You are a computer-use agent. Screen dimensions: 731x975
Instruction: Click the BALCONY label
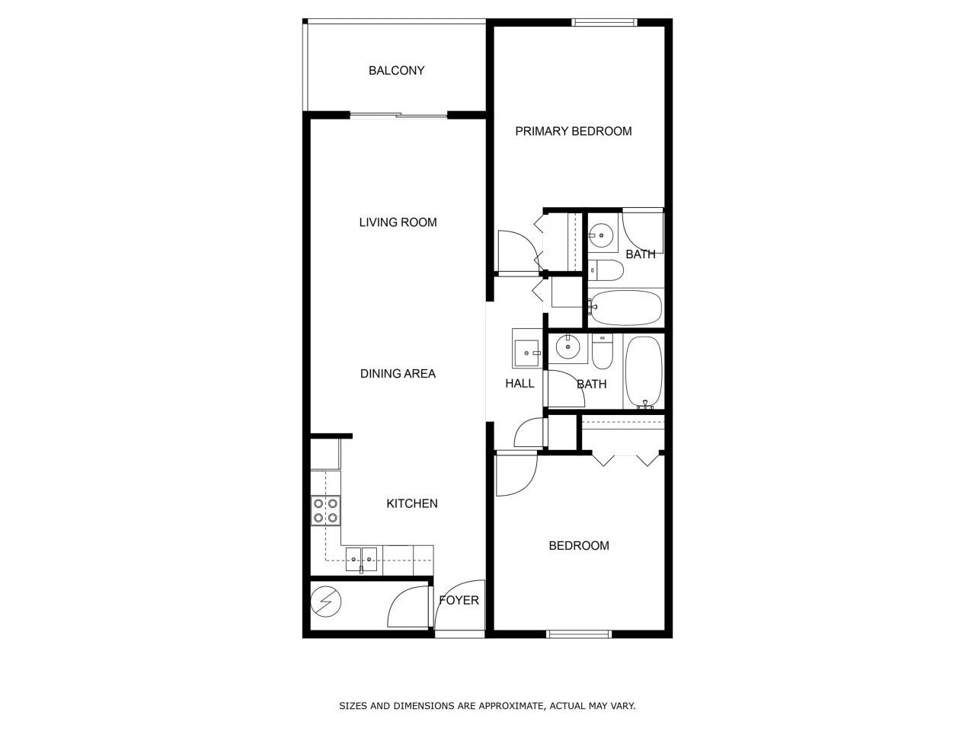coord(396,71)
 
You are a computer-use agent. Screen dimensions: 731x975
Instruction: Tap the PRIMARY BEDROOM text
coord(573,131)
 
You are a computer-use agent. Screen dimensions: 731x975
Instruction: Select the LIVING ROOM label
coord(398,222)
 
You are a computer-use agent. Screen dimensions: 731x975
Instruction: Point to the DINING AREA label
coord(398,374)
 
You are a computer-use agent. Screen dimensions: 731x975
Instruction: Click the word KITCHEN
coord(412,503)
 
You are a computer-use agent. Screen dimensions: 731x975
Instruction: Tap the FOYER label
coord(459,600)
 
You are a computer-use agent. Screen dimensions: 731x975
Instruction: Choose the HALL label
coord(519,383)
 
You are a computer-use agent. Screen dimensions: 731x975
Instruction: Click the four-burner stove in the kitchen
coord(325,510)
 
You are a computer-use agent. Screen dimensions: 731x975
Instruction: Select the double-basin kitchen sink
coord(361,560)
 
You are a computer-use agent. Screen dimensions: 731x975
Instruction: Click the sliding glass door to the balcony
coord(398,116)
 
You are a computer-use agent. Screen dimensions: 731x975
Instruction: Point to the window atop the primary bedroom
coord(604,22)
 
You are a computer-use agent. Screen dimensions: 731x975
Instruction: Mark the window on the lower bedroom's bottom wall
coord(579,634)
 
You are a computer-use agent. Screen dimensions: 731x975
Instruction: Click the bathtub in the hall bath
coord(644,372)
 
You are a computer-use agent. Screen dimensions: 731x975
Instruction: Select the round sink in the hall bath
coord(567,349)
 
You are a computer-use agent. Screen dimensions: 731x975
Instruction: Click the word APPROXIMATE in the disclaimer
coord(509,706)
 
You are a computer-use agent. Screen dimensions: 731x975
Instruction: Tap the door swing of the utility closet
coord(408,605)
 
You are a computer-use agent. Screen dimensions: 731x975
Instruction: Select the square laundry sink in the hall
coord(526,353)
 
